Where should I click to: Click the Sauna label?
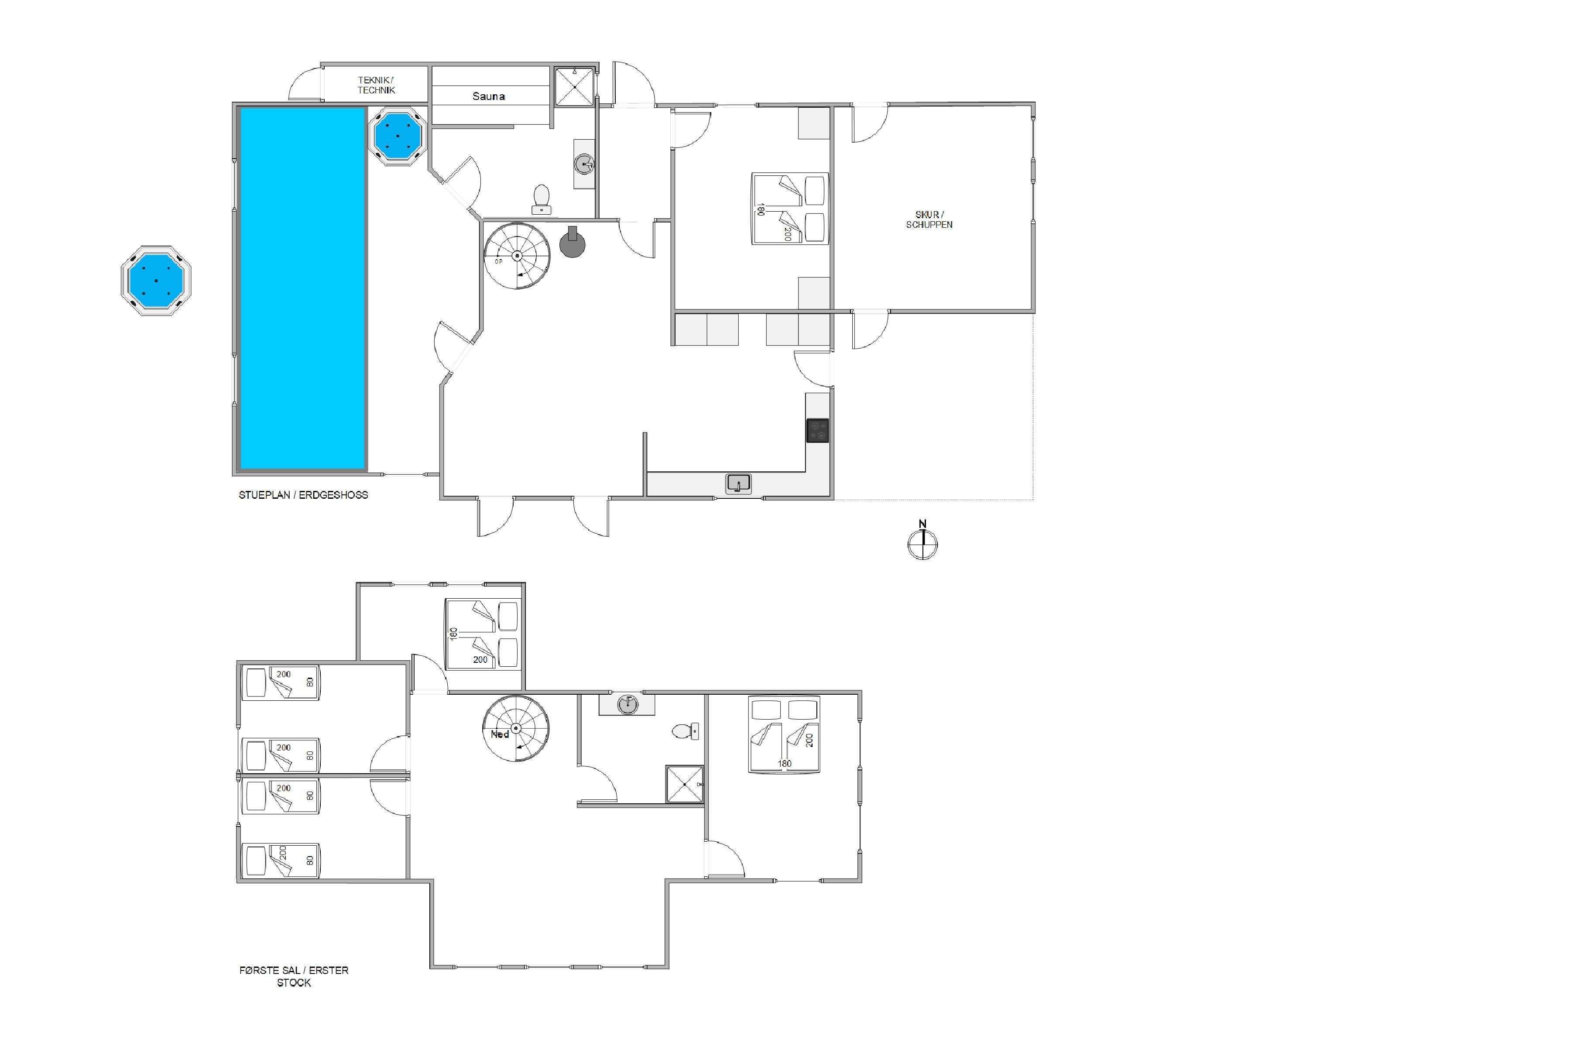click(x=488, y=96)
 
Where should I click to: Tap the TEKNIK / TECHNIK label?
click(x=376, y=85)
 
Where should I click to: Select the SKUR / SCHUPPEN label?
click(x=929, y=219)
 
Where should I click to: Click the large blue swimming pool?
click(x=303, y=288)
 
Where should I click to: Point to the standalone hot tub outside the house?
click(x=156, y=280)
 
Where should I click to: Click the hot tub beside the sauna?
click(x=398, y=137)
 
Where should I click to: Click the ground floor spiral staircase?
click(x=517, y=256)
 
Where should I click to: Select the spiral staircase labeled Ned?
click(x=516, y=728)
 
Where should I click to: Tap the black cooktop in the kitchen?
click(x=818, y=430)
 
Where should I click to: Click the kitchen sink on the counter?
click(x=738, y=483)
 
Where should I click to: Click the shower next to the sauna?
click(x=574, y=86)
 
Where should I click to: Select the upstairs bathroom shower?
click(x=684, y=784)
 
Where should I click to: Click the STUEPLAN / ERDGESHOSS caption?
click(x=304, y=495)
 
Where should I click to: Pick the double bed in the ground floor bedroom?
click(x=790, y=208)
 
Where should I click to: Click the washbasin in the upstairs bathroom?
click(x=627, y=704)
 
